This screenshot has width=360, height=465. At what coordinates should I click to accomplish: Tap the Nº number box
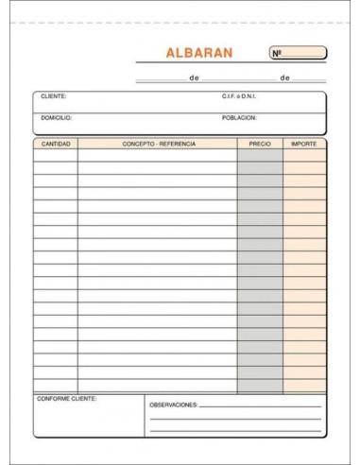pos(298,53)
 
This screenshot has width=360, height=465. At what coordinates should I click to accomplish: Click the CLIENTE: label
pos(54,96)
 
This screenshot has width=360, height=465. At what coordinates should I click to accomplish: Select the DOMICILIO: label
pos(57,118)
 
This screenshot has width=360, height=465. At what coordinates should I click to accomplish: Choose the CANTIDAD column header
pos(56,144)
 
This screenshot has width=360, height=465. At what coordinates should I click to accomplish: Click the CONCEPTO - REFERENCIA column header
pos(158,144)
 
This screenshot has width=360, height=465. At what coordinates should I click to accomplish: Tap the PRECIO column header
pos(259,144)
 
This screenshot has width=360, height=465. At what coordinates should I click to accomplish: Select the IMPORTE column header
pos(304,144)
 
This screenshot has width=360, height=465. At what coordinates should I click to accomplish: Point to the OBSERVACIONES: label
pos(172,405)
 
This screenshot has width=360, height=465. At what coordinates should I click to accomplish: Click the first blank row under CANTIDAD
pos(56,156)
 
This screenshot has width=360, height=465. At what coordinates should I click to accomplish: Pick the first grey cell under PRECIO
pos(259,156)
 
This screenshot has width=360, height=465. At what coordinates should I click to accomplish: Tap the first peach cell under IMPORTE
pos(304,156)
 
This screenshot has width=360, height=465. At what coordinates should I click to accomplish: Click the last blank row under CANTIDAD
pos(56,384)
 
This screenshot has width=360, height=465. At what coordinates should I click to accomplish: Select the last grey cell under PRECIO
pos(259,384)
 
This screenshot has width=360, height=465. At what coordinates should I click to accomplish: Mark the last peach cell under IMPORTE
pos(304,384)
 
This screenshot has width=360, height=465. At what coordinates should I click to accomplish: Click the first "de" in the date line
pos(194,78)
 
